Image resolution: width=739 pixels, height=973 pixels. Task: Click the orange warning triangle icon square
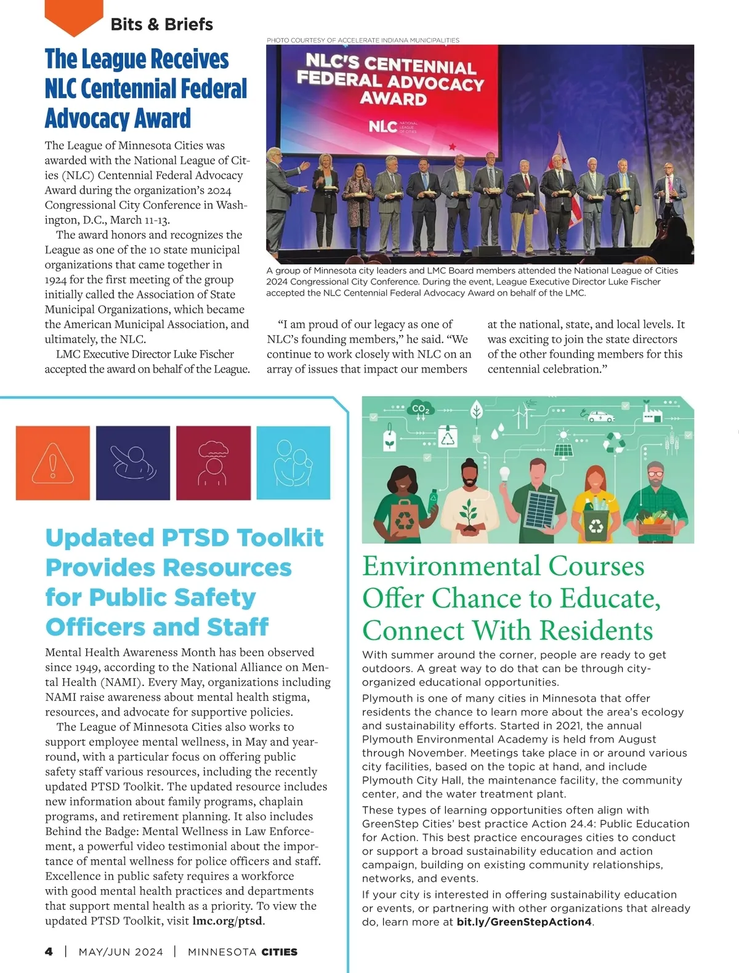[x=52, y=462]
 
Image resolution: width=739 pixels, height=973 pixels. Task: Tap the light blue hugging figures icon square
[x=293, y=462]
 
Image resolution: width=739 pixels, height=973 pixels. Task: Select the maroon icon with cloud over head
[x=213, y=462]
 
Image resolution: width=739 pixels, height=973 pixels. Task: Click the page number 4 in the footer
[x=49, y=951]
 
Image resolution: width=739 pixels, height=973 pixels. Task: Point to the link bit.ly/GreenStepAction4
[x=524, y=922]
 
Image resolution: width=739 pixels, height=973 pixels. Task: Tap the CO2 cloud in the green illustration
[x=421, y=410]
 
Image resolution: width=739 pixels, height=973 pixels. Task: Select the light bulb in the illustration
[x=504, y=474]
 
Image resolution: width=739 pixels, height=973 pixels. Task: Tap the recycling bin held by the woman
[x=596, y=525]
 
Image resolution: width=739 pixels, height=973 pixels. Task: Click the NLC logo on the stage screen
[x=383, y=126]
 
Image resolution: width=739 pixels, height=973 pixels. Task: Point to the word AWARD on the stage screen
[x=393, y=99]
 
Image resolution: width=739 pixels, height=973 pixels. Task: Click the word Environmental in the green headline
[x=451, y=566]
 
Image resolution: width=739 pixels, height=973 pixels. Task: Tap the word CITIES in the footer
[x=279, y=952]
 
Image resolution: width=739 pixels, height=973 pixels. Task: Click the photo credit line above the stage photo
[x=363, y=40]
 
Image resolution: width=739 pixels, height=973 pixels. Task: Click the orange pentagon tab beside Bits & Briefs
[x=74, y=17]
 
